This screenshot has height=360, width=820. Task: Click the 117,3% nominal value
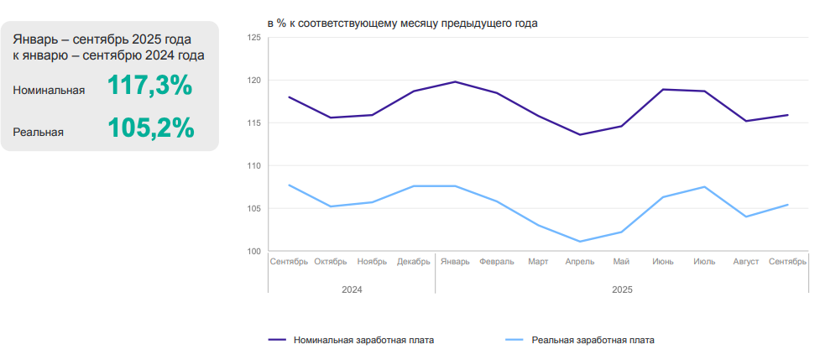[x=150, y=86]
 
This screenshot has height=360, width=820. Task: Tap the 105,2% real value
[x=151, y=128]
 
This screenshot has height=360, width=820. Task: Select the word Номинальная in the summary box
[x=49, y=91]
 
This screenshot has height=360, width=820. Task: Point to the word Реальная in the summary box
[x=39, y=132]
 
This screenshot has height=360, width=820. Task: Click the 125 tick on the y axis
[x=254, y=38]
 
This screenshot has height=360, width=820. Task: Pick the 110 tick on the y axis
[x=254, y=166]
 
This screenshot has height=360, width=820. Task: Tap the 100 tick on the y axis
[x=254, y=252]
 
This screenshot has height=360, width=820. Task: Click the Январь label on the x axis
[x=455, y=262]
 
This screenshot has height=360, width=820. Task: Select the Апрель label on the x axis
[x=580, y=262]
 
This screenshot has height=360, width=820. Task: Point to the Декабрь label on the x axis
[x=414, y=262]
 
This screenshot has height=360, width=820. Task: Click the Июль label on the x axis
[x=704, y=262]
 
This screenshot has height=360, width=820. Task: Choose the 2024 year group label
[x=352, y=290]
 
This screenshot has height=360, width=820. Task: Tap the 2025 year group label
[x=621, y=290]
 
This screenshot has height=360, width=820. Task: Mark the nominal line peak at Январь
[x=455, y=81]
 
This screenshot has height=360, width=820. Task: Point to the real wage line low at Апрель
[x=580, y=242]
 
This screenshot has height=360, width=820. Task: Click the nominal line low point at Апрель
[x=580, y=134]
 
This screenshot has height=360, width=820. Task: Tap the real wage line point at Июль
[x=704, y=186]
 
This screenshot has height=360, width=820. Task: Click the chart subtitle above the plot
[x=403, y=23]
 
